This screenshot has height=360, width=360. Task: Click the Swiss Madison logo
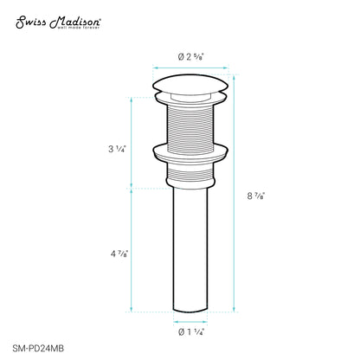coord(58,22)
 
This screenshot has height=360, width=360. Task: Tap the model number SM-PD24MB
coord(38,349)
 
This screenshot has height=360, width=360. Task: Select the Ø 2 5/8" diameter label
coord(190,57)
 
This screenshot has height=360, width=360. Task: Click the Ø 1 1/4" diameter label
coord(191,332)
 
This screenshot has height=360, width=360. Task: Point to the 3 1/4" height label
coord(117,149)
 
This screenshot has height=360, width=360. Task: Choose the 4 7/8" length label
coord(119,254)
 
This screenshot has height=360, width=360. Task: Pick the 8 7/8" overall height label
coord(256,196)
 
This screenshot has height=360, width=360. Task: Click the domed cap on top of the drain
coord(190,84)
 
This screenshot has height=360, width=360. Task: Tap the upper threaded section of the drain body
coord(190,125)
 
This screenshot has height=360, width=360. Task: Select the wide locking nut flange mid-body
coord(190,154)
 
